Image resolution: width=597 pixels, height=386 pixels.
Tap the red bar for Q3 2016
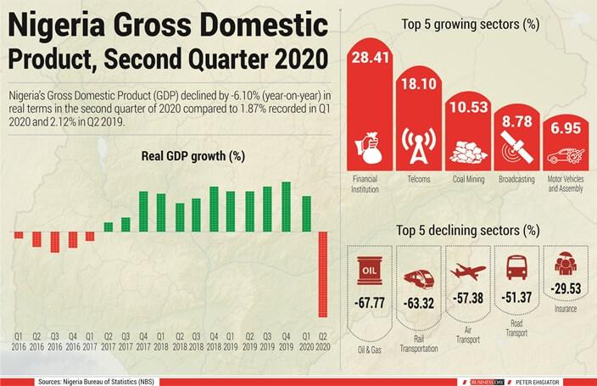coord(54,241)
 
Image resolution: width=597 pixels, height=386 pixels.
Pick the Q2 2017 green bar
coord(109,227)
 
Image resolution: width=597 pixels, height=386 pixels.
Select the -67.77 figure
coord(371,300)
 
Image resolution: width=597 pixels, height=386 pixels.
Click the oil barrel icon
coord(371,271)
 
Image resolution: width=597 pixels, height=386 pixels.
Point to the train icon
coord(419,277)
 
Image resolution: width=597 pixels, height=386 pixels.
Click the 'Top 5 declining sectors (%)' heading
coord(467,229)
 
